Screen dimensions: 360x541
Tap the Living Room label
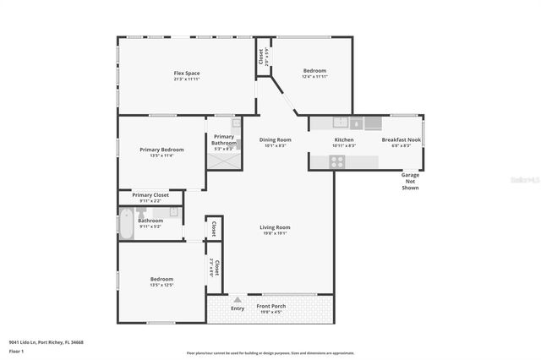click(x=275, y=227)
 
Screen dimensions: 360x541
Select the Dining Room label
click(x=275, y=139)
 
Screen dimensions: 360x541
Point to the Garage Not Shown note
click(x=410, y=182)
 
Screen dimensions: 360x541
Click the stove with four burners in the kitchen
click(x=337, y=162)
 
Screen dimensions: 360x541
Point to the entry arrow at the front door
click(x=238, y=299)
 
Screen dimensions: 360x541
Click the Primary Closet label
click(x=150, y=195)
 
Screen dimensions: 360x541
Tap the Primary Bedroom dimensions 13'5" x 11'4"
click(x=161, y=155)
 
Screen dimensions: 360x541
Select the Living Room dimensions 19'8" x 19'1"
click(x=275, y=233)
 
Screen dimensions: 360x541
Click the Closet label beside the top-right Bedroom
click(x=260, y=57)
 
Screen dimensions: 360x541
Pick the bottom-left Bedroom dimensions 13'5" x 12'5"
click(x=161, y=285)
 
